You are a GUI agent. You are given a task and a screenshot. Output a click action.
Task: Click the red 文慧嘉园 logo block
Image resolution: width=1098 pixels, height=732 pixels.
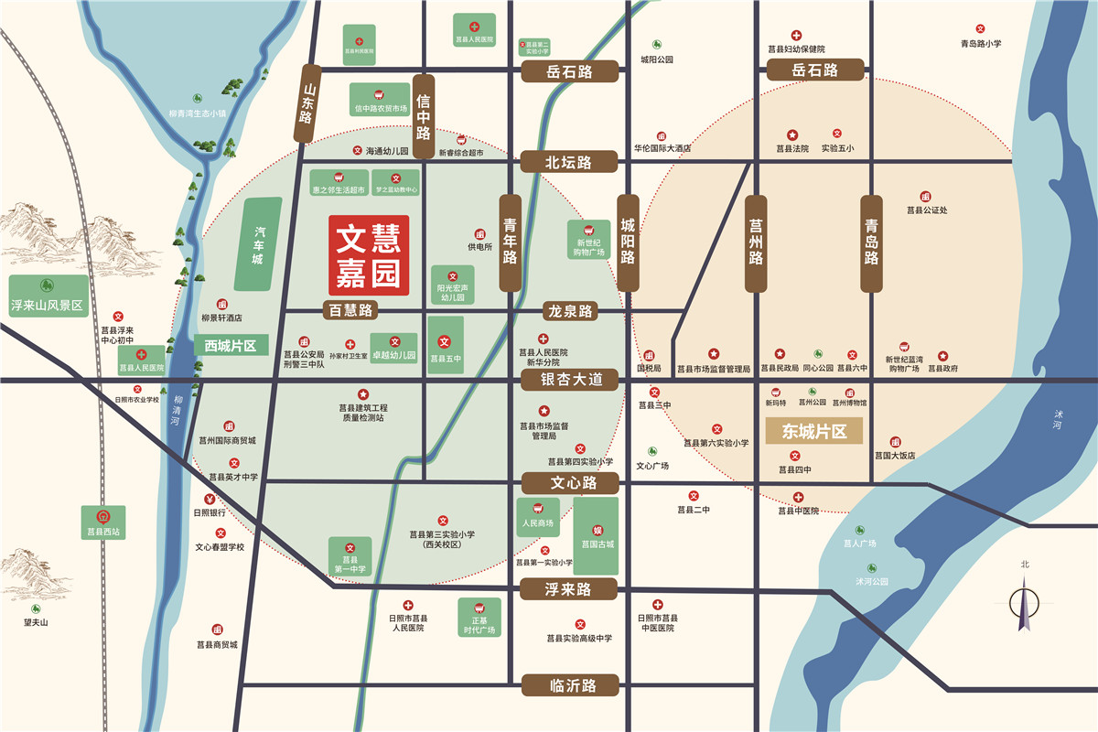[x=369, y=255]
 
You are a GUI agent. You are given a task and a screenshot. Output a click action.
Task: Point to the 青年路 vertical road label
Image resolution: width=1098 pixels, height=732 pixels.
[x=511, y=242]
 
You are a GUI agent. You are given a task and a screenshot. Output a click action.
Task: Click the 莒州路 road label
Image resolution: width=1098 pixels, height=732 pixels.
[x=756, y=243]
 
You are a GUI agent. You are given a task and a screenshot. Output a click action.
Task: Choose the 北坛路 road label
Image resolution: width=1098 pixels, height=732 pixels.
[x=569, y=163]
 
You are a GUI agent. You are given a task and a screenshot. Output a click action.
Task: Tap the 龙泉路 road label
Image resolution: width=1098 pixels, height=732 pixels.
[x=569, y=311]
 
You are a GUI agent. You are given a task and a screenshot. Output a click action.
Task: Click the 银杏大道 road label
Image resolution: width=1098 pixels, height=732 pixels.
[x=571, y=379]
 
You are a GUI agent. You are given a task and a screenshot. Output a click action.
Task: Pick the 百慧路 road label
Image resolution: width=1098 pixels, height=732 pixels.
[x=351, y=310]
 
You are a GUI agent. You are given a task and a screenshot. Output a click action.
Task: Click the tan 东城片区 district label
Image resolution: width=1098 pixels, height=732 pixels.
[x=813, y=431]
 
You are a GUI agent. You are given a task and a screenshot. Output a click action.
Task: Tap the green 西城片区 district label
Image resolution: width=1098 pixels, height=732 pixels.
[x=231, y=345]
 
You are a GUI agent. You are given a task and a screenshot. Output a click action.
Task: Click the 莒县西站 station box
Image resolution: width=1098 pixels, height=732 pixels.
[x=103, y=522]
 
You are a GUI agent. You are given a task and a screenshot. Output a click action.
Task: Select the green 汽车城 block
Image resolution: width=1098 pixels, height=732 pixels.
[x=259, y=244]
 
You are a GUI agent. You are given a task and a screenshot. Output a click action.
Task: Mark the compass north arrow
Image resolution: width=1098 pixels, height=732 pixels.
[x=1025, y=604]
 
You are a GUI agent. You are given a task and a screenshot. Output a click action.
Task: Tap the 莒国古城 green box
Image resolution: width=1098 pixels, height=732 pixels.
[x=597, y=535]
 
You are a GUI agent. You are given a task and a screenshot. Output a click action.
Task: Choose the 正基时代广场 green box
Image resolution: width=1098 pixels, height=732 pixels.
[x=479, y=618]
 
